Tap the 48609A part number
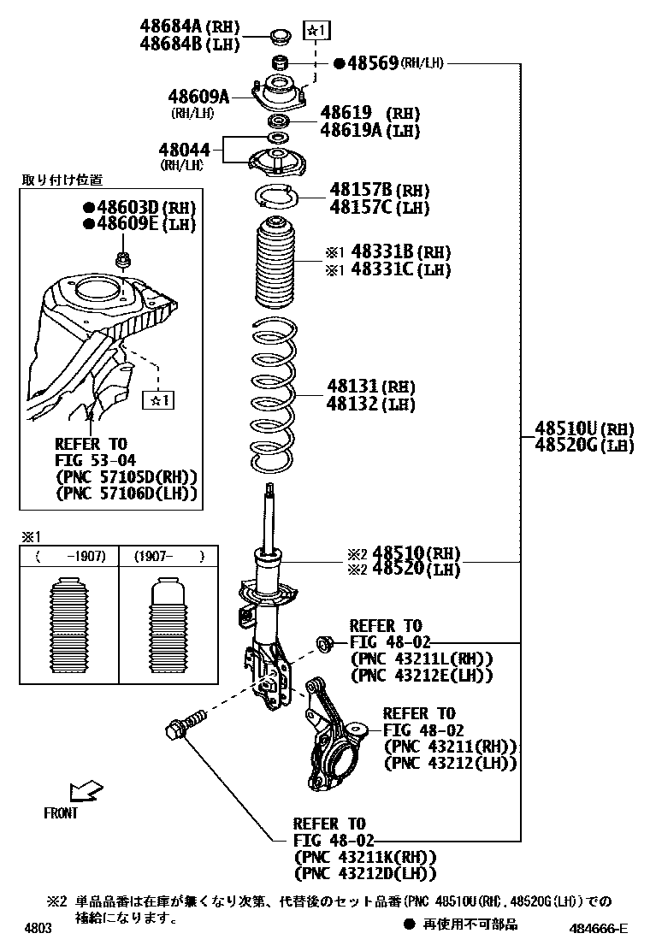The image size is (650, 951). coord(198,96)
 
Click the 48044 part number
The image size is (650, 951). coord(183,150)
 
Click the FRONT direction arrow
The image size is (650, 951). coord(86,790)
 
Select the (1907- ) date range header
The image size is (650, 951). coord(168,556)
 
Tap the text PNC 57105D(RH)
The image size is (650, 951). coord(126,476)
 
